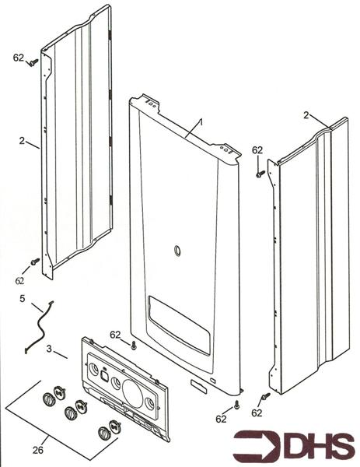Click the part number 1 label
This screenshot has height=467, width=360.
click(200, 122)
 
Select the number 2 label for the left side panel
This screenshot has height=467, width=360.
click(23, 142)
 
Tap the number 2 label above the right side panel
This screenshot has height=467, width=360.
click(307, 114)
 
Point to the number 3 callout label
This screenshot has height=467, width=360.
click(50, 350)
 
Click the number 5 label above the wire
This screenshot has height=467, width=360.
click(23, 297)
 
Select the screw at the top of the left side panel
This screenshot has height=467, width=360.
click(33, 65)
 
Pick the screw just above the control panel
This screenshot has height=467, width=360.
click(135, 345)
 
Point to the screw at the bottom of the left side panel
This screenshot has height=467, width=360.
click(33, 262)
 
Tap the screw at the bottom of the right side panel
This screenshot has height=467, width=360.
click(264, 397)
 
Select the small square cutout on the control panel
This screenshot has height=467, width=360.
click(104, 374)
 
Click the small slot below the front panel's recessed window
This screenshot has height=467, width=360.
click(201, 382)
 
